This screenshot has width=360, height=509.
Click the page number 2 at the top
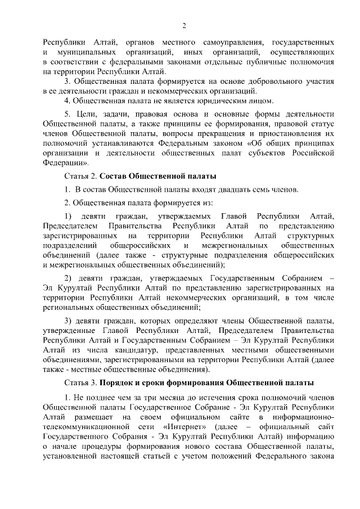pyautogui.click(x=184, y=25)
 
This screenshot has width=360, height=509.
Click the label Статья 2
pyautogui.click(x=82, y=177)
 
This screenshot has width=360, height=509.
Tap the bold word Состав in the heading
pyautogui.click(x=122, y=177)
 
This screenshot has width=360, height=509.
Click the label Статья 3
pyautogui.click(x=82, y=384)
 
